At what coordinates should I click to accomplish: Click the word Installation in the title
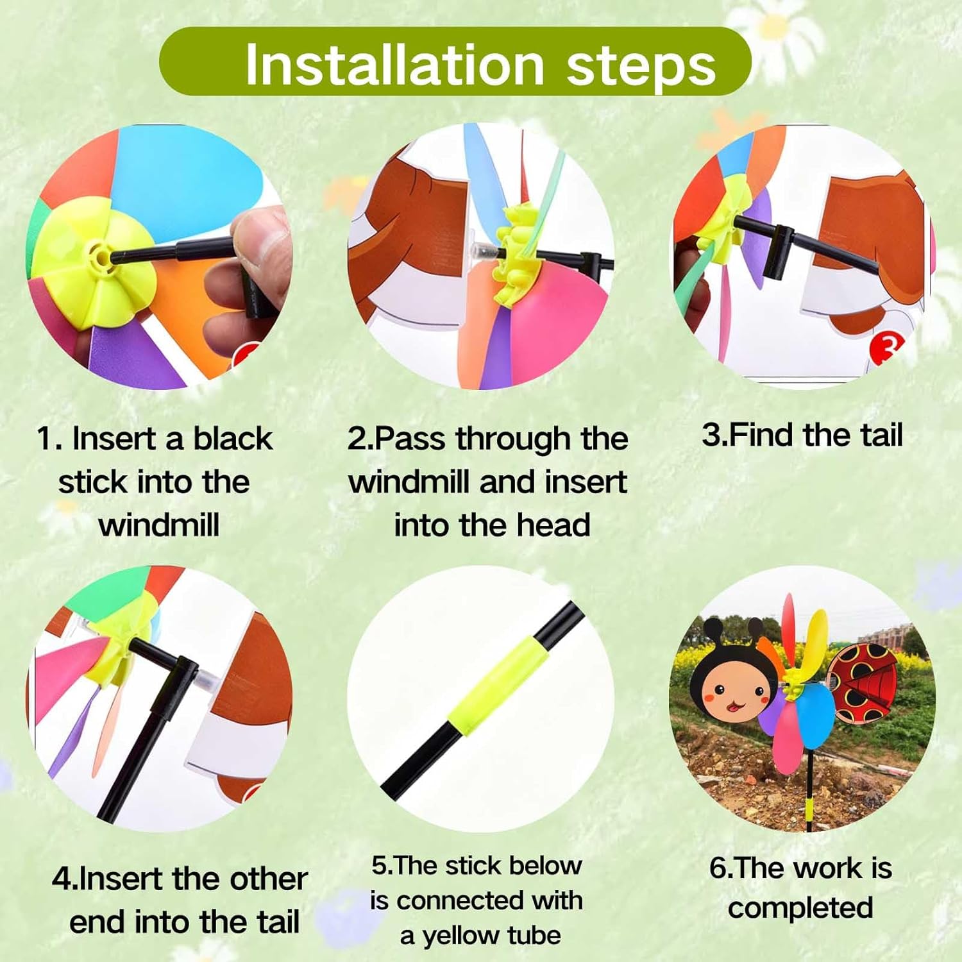394,65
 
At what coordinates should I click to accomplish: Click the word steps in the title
641,68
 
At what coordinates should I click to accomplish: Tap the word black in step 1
233,439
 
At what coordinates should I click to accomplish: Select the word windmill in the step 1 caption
159,525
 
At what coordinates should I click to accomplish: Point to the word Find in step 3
763,435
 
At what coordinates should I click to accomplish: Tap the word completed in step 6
800,908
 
